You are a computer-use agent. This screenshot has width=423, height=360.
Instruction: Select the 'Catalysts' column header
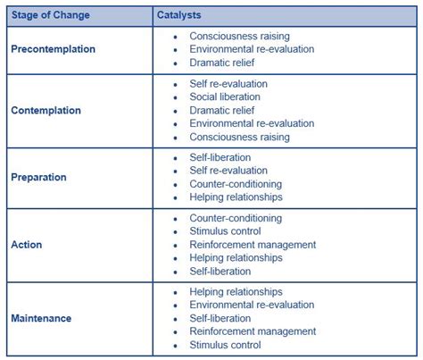pyautogui.click(x=181, y=16)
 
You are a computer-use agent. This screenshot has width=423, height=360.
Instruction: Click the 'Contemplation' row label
pyautogui.click(x=46, y=111)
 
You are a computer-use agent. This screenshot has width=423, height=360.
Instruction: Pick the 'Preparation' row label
pyautogui.click(x=38, y=177)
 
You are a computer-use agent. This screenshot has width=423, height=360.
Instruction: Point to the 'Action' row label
pyautogui.click(x=26, y=245)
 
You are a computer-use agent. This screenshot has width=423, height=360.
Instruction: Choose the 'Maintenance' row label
pyautogui.click(x=40, y=318)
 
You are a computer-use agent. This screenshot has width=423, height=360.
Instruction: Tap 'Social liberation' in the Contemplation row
pyautogui.click(x=225, y=96)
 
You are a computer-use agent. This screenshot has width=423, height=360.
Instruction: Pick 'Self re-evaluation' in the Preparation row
pyautogui.click(x=228, y=171)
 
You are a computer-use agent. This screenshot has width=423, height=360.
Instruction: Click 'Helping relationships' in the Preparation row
pyautogui.click(x=236, y=197)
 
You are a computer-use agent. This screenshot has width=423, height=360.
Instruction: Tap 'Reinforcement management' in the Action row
pyautogui.click(x=253, y=244)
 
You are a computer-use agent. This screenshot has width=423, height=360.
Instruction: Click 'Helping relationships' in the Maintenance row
pyautogui.click(x=236, y=291)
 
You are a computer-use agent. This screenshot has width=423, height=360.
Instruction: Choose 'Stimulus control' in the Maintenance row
pyautogui.click(x=225, y=345)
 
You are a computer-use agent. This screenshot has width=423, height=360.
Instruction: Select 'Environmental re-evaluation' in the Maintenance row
pyautogui.click(x=252, y=305)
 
